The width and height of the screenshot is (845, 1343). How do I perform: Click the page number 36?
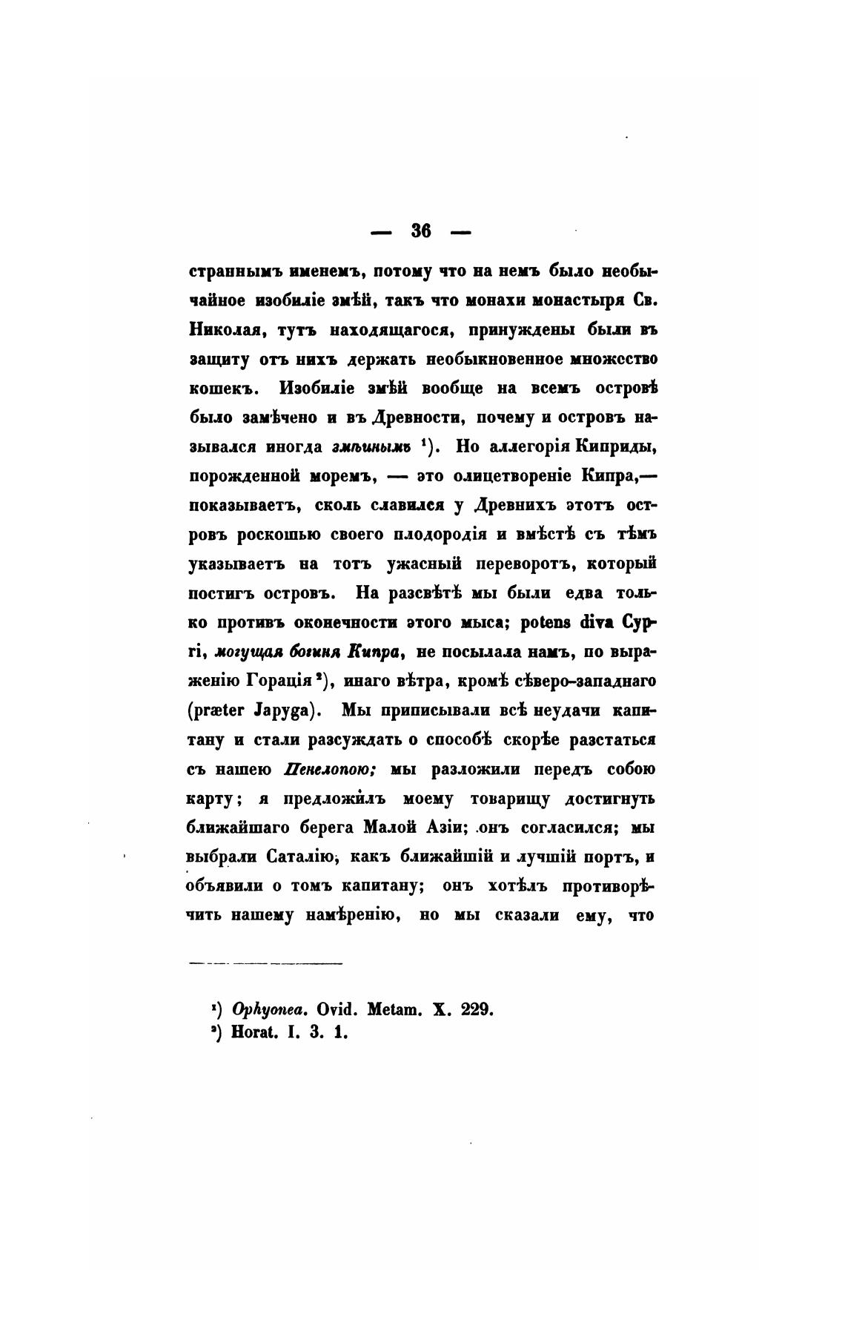[x=421, y=231]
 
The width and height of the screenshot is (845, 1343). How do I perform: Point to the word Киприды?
[x=616, y=446]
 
